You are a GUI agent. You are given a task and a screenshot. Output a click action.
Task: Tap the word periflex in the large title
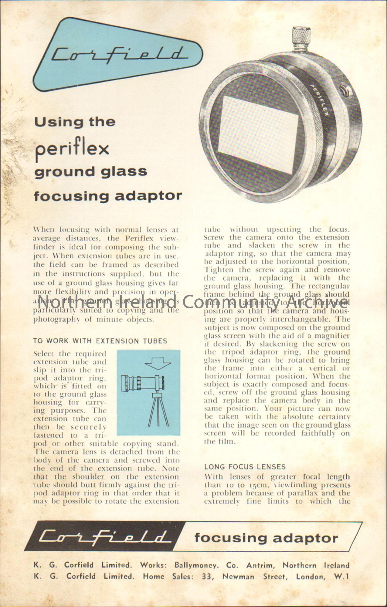72,148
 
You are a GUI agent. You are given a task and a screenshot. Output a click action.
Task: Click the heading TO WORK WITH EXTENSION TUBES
100,341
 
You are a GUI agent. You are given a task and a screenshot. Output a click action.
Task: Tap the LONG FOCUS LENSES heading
245,467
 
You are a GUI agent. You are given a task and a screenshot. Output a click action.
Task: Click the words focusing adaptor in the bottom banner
266,538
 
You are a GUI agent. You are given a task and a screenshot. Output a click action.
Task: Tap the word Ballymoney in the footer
196,565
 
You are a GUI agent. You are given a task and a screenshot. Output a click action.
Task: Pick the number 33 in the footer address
207,576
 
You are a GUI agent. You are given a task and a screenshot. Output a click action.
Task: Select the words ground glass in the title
90,172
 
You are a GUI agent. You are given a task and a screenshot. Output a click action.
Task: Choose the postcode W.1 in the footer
341,576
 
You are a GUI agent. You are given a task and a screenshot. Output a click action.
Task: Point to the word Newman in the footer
238,576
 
